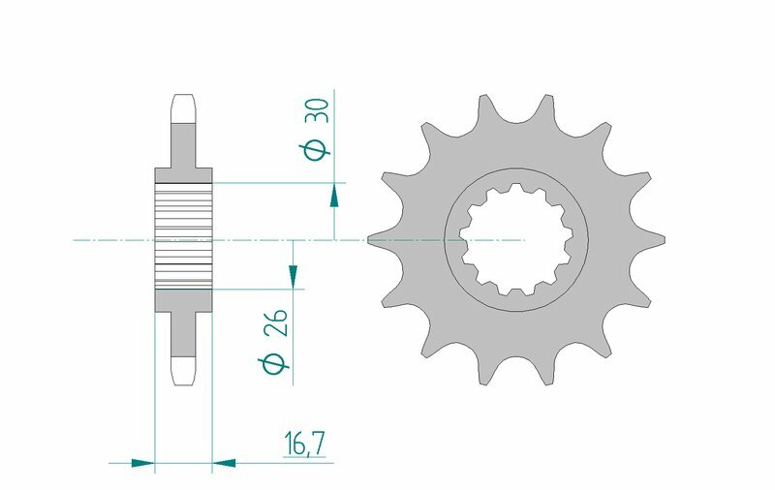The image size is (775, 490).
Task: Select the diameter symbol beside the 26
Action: point(273,365)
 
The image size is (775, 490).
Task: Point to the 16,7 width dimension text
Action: point(303,445)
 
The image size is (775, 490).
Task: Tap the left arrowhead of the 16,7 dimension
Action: point(143,463)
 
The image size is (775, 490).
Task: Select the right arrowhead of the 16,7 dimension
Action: point(224,463)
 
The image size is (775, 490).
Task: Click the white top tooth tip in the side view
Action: point(183,107)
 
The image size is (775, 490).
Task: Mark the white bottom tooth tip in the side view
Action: point(183,370)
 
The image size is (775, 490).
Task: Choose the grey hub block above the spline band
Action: point(183,175)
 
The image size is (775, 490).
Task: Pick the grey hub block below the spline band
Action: point(183,301)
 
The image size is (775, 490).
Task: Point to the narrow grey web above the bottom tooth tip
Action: point(183,334)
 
